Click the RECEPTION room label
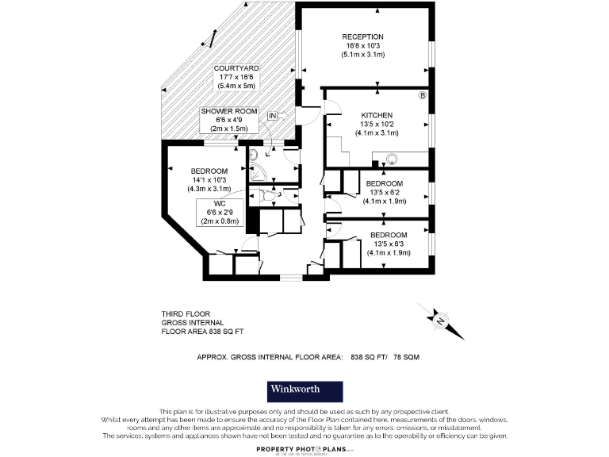362,37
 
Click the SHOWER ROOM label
229,112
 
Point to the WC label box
220,213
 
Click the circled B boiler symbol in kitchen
423,95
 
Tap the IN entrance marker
272,117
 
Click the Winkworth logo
304,391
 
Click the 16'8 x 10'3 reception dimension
362,46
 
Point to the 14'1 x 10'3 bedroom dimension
209,181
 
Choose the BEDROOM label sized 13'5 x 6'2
385,183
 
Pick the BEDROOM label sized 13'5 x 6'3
389,236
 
